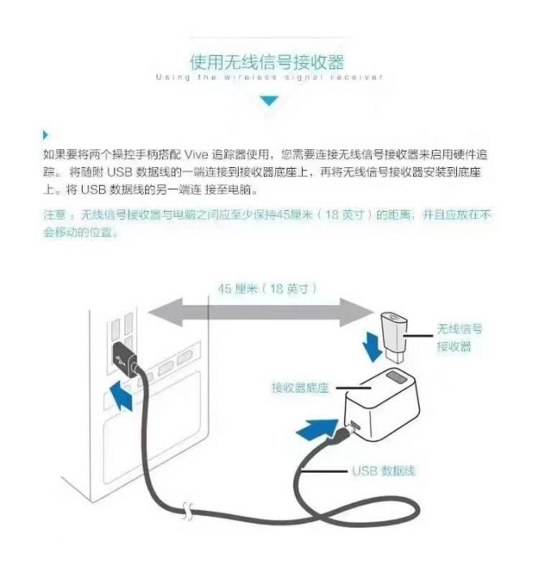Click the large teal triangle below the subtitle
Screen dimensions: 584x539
tap(268, 101)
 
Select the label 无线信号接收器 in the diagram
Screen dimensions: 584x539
tap(459, 337)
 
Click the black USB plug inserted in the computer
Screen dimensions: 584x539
tap(124, 357)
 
